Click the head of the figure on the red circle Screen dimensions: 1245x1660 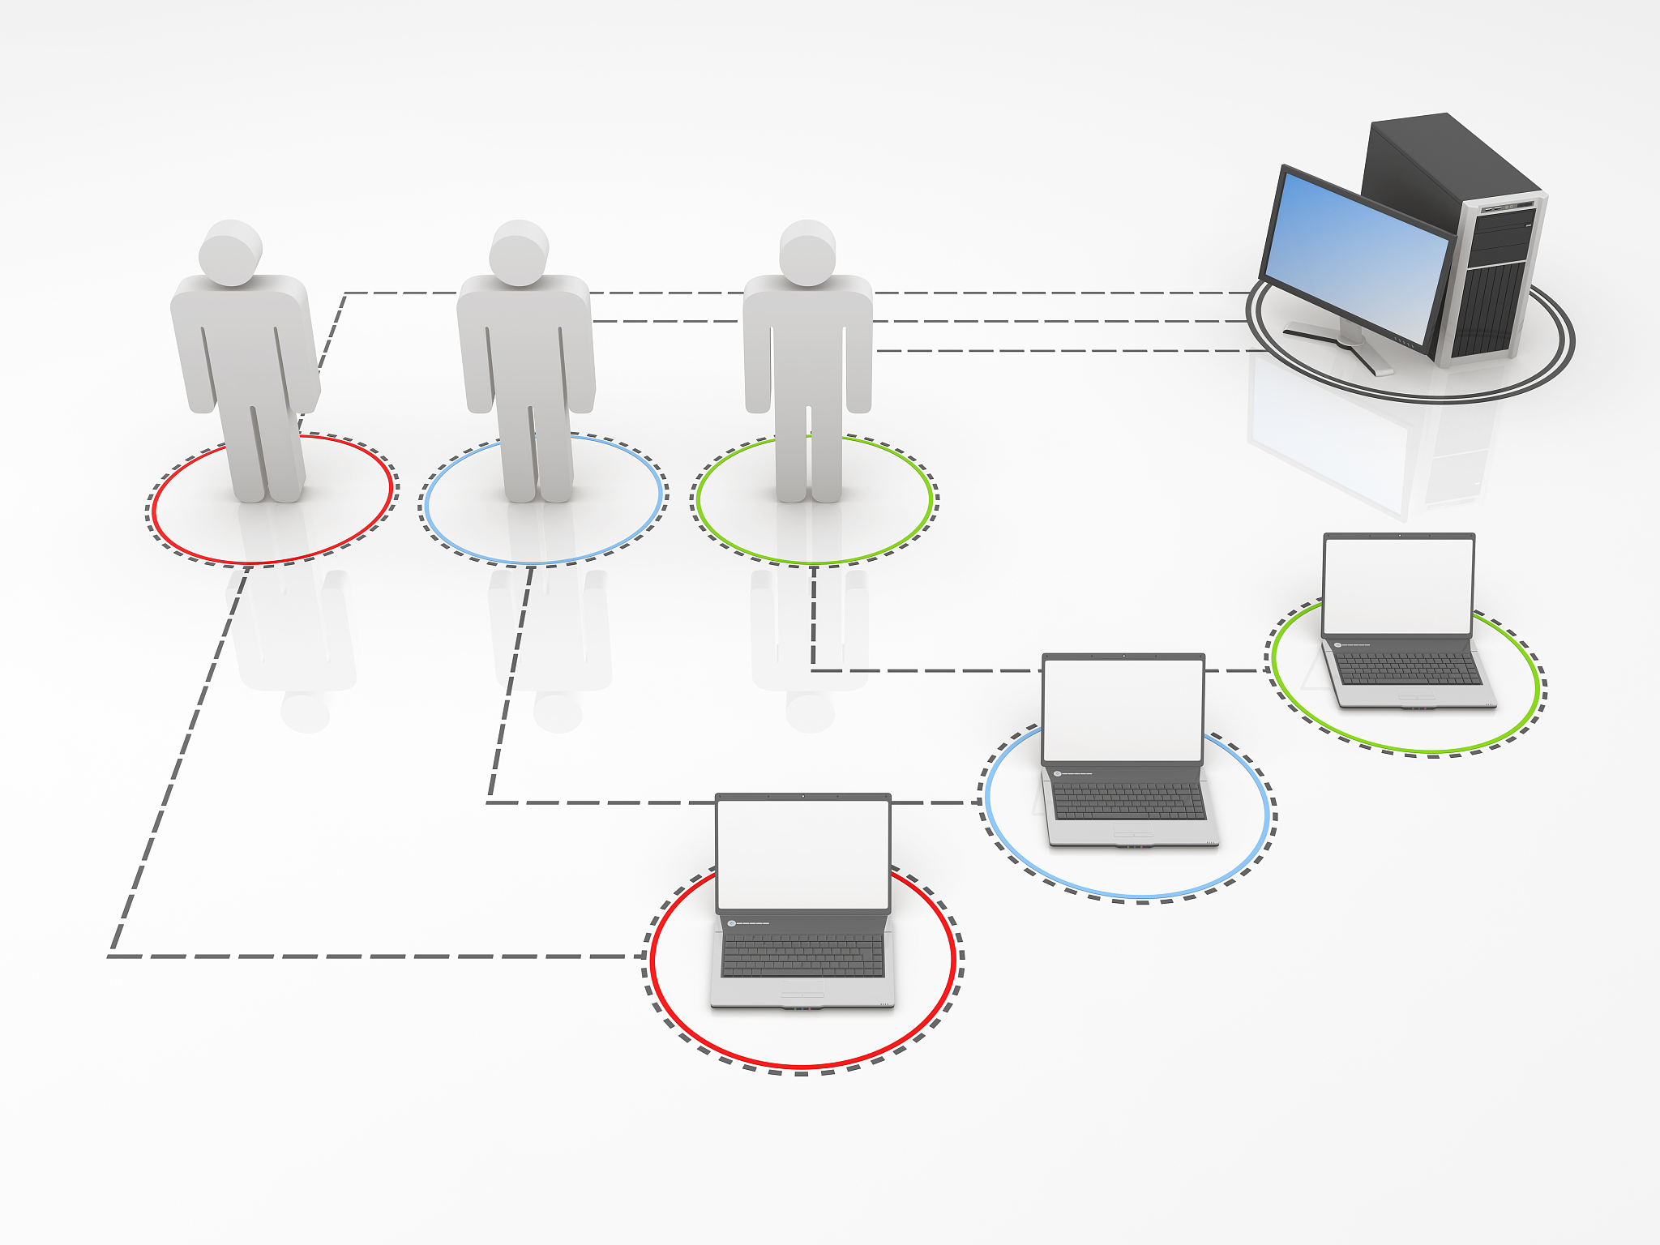pos(231,253)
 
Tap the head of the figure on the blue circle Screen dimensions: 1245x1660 pos(519,253)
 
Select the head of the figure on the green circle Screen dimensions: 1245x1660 pos(807,253)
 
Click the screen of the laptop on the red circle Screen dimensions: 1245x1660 pos(803,854)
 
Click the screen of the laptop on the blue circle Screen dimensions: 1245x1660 pos(1123,710)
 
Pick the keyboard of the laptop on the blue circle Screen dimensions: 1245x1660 pos(1128,802)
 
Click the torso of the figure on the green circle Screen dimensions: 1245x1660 pos(807,340)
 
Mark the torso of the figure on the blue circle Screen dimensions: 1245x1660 pos(525,340)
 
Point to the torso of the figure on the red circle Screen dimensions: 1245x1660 pos(243,340)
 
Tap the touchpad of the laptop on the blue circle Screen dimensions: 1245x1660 pos(1132,834)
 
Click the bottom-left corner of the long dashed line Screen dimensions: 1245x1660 pos(112,956)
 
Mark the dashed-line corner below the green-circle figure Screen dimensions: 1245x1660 pos(813,670)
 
